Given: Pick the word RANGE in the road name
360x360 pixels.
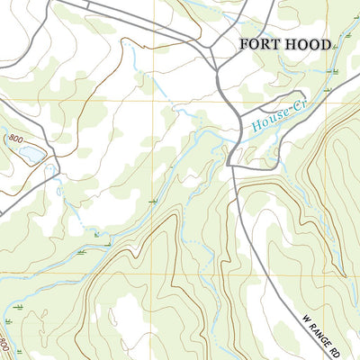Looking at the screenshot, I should click(320, 330).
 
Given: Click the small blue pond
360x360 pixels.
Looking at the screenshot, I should click(31, 155).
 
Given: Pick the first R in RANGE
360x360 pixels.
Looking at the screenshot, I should click(310, 321).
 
